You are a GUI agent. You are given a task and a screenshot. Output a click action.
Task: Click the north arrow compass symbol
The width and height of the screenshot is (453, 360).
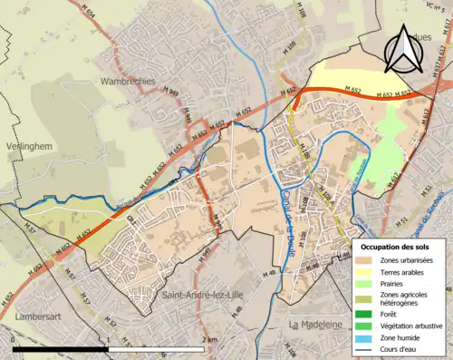click(403, 47)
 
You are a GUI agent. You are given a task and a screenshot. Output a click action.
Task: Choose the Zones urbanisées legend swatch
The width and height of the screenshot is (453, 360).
click(369, 260)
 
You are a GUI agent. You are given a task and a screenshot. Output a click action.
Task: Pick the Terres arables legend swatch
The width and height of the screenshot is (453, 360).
click(369, 271)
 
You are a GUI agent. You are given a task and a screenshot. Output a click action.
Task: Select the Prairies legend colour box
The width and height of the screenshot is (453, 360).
click(369, 282)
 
